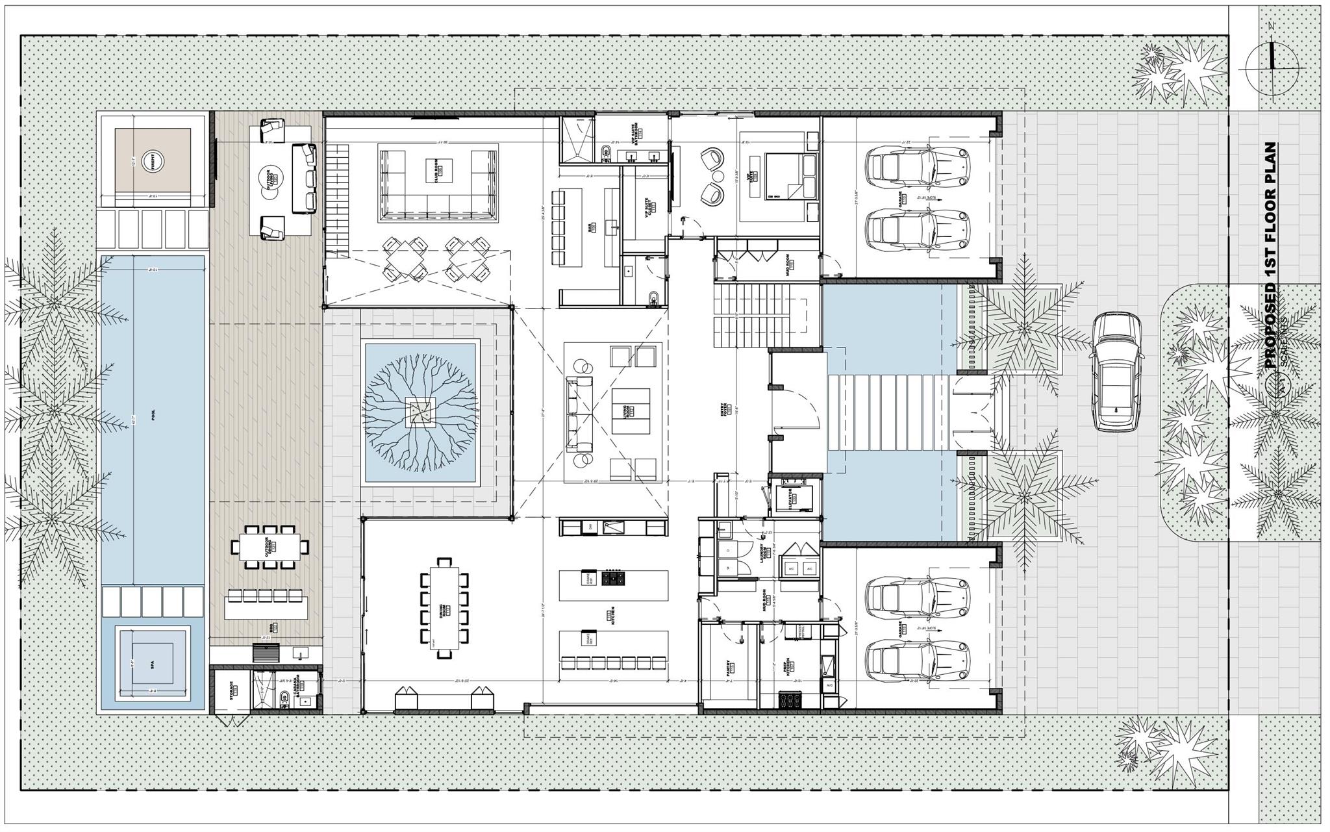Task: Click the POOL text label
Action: (x=153, y=418)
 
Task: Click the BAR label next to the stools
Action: (x=592, y=228)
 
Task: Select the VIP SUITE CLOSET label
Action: (x=650, y=207)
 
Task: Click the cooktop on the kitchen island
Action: (x=614, y=577)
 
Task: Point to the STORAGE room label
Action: (x=232, y=690)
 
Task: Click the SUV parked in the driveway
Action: (x=1116, y=371)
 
